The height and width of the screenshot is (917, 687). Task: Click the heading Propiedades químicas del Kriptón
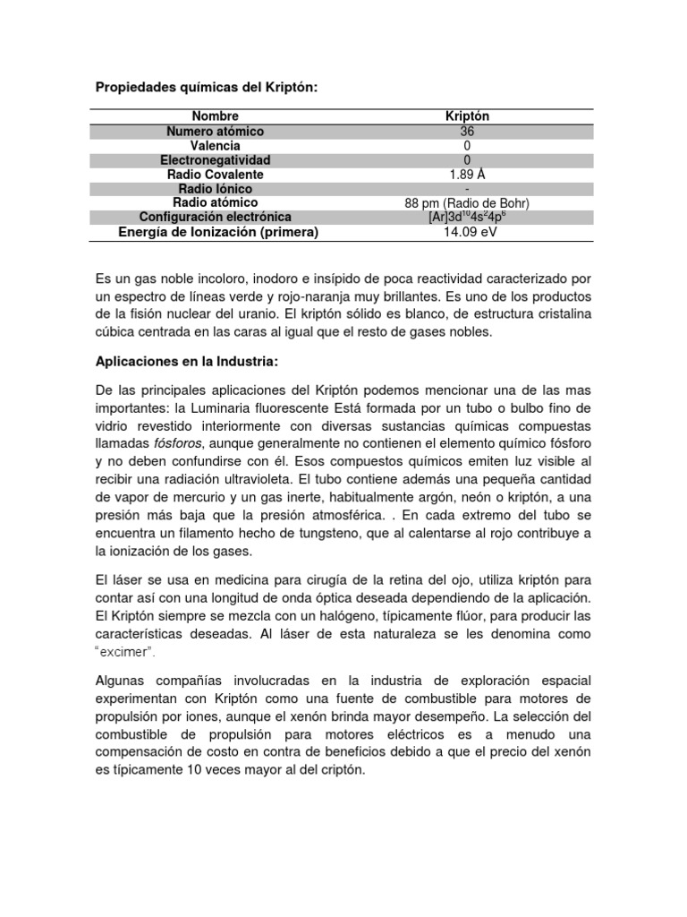pyautogui.click(x=206, y=87)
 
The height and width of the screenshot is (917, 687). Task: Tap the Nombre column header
pyautogui.click(x=215, y=116)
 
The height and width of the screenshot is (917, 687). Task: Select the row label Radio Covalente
pyautogui.click(x=216, y=174)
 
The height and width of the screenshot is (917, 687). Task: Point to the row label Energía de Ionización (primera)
pyautogui.click(x=206, y=232)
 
